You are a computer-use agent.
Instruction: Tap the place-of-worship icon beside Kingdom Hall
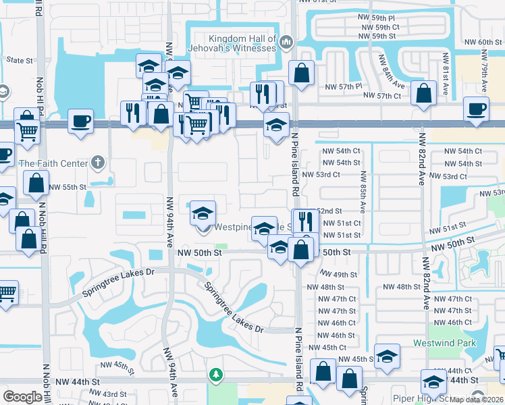(286, 43)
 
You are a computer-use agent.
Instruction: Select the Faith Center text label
(53, 163)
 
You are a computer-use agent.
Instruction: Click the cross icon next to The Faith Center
(98, 162)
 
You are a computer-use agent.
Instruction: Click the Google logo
(22, 397)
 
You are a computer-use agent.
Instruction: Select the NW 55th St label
(68, 187)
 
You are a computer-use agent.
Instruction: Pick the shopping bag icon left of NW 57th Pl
(301, 73)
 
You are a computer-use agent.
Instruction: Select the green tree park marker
(215, 374)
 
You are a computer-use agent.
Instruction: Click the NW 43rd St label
(113, 394)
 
